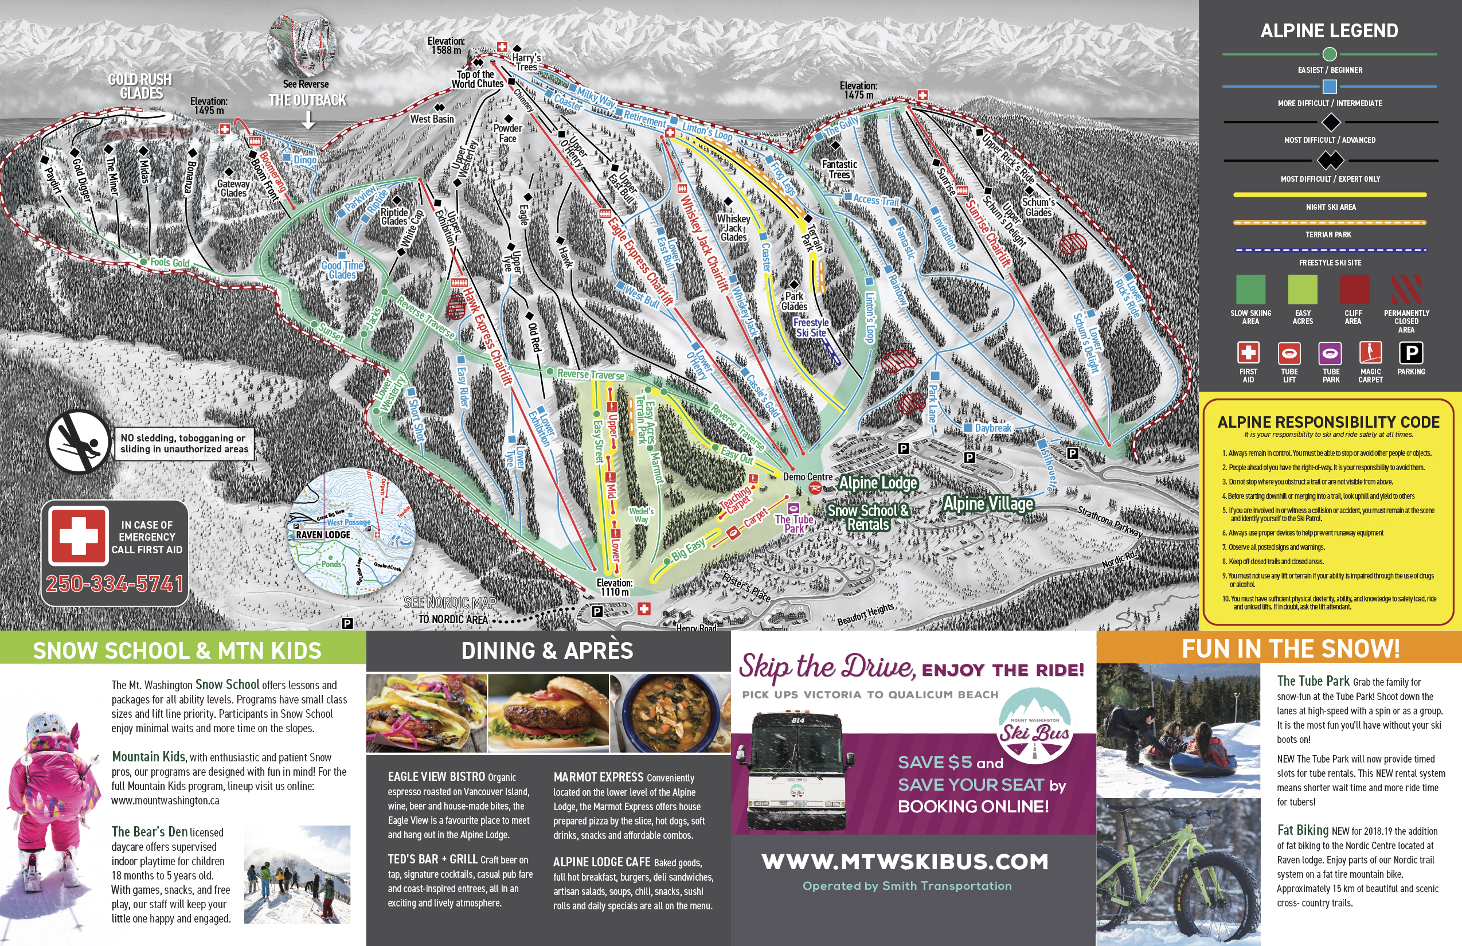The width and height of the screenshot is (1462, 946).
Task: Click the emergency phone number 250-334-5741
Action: (x=115, y=583)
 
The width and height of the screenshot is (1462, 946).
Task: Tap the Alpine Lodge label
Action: (x=878, y=483)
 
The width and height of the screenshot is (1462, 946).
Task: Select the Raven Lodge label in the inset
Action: (x=323, y=534)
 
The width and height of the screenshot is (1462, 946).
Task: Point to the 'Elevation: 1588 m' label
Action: (x=446, y=45)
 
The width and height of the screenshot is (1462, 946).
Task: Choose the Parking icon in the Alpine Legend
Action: (x=1410, y=353)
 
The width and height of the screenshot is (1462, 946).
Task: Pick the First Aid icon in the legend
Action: (x=1248, y=353)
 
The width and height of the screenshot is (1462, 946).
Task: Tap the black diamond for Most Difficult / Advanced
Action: (x=1330, y=122)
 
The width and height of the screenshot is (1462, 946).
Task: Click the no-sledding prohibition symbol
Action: (x=77, y=441)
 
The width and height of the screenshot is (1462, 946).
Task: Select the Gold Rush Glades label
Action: (x=140, y=86)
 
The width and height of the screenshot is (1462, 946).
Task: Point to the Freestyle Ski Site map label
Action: (x=811, y=327)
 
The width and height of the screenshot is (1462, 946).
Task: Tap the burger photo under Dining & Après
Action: (x=549, y=713)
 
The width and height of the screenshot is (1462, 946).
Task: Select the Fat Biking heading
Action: (x=1302, y=830)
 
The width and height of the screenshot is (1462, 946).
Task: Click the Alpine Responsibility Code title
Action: (x=1328, y=422)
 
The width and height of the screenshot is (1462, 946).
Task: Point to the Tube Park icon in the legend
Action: (x=1330, y=354)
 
